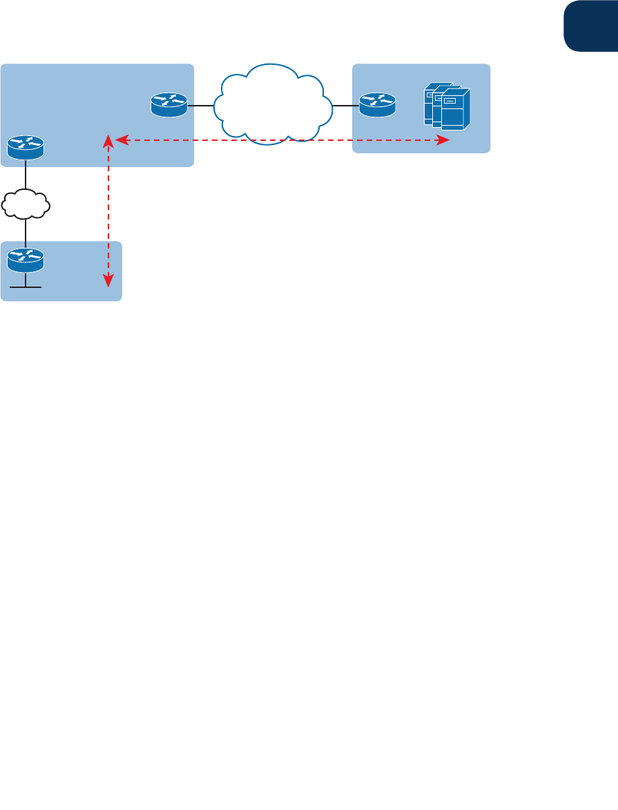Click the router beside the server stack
click(378, 106)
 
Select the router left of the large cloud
click(168, 106)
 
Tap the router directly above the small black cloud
click(26, 146)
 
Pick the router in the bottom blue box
click(26, 260)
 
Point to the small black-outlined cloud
click(26, 202)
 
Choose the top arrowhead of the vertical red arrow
click(108, 142)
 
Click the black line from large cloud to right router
click(345, 106)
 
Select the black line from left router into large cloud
click(200, 106)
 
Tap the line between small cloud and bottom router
click(26, 231)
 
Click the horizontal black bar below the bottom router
click(26, 287)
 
